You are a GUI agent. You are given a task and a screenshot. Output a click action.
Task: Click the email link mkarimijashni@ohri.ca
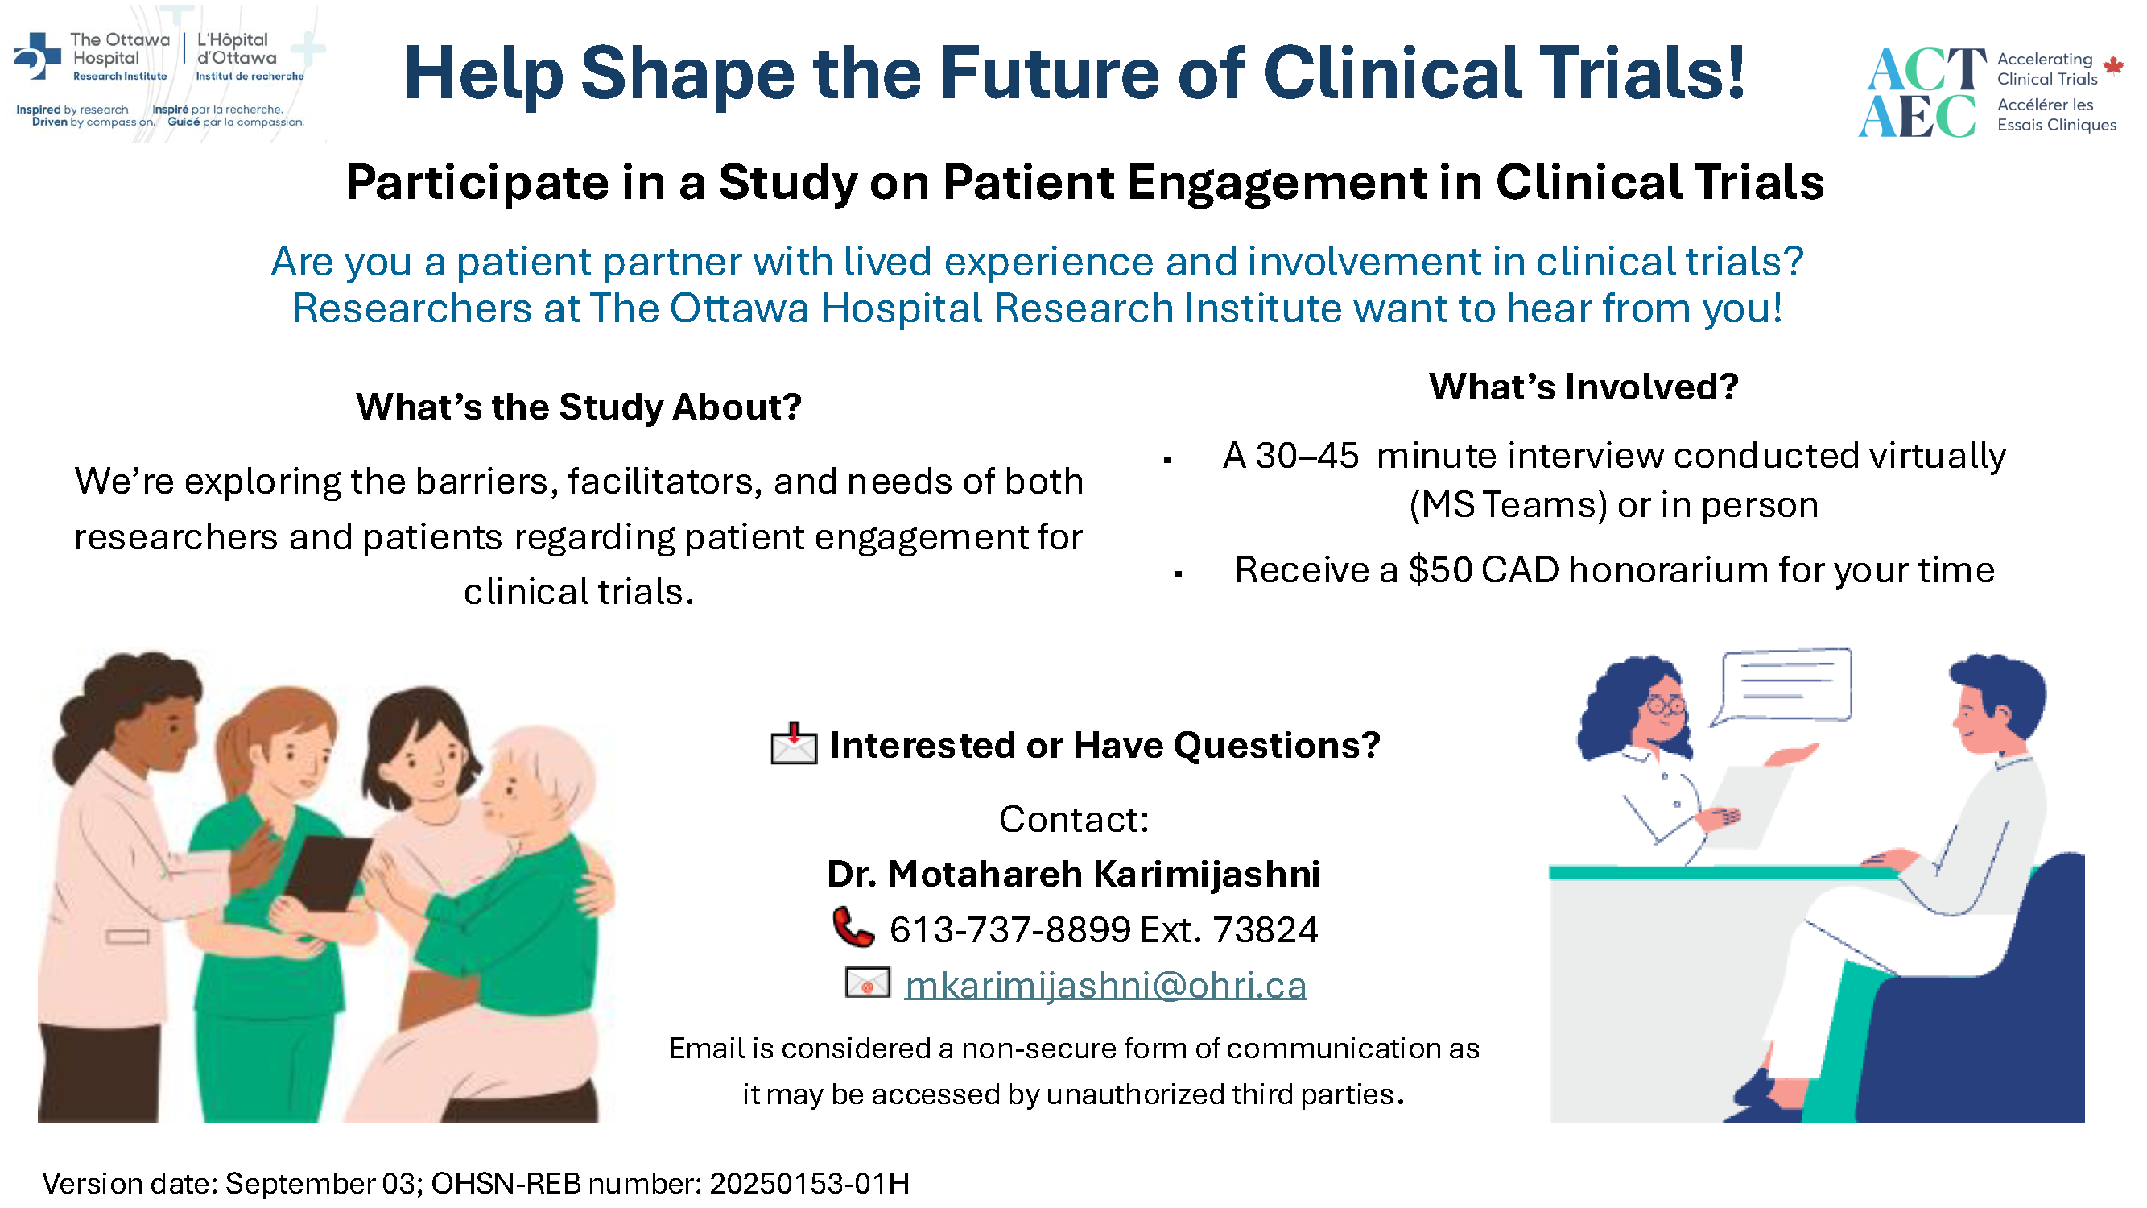coord(1105,986)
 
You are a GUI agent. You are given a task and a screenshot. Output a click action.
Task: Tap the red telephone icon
coord(853,927)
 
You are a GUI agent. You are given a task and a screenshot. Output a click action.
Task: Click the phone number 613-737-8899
coord(1010,929)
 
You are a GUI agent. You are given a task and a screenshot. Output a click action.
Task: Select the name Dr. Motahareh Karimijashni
coord(1074,874)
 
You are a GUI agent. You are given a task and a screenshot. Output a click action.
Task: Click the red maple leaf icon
coord(2113,65)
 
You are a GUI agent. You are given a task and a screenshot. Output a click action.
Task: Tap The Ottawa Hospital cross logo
coord(37,56)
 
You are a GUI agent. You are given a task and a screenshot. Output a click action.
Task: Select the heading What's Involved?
coord(1583,387)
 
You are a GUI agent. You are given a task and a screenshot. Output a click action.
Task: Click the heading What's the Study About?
coord(579,407)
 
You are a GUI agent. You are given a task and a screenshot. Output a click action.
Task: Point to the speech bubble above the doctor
coord(1783,687)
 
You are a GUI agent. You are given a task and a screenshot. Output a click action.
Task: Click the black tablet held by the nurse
coord(327,873)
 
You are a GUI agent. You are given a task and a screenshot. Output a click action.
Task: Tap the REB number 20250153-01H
coord(809,1184)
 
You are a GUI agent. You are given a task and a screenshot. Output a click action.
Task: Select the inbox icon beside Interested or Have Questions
coord(794,743)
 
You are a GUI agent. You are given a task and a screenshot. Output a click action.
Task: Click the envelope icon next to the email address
coord(868,983)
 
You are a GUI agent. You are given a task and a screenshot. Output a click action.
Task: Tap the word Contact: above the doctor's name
coord(1074,820)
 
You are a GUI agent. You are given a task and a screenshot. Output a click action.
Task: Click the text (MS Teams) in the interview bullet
coord(1508,505)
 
